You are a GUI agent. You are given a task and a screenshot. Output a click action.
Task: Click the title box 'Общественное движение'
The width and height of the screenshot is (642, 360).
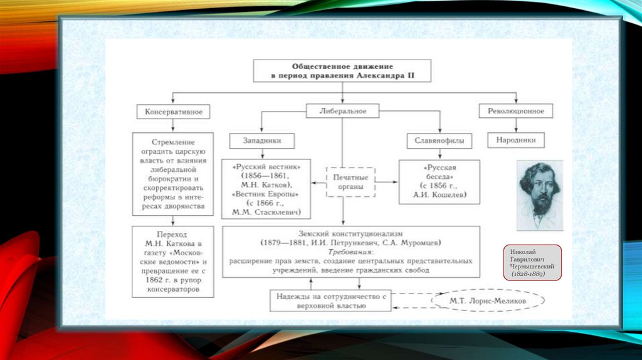[342, 71]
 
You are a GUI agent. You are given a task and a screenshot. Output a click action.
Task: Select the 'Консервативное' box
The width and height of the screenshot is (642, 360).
[174, 112]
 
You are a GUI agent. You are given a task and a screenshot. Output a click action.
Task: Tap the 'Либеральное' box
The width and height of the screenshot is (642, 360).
[343, 111]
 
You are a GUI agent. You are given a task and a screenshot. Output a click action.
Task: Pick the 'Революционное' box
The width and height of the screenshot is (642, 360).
[516, 111]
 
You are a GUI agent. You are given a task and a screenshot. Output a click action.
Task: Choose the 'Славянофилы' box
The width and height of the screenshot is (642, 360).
[439, 141]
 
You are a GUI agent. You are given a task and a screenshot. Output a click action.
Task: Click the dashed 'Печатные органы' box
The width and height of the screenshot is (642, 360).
[350, 183]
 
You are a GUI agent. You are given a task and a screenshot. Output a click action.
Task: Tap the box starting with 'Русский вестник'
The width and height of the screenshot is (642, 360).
[266, 189]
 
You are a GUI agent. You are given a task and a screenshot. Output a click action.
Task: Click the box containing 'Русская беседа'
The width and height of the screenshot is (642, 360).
[439, 183]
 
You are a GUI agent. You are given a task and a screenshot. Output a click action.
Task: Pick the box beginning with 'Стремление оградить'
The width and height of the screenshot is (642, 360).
[174, 175]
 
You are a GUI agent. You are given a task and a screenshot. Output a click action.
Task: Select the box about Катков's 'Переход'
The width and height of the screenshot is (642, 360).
[174, 262]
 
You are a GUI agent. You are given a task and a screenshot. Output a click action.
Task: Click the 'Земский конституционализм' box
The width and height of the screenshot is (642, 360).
[350, 251]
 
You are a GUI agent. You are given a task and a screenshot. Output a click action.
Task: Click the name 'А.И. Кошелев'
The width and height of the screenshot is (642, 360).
[439, 194]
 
